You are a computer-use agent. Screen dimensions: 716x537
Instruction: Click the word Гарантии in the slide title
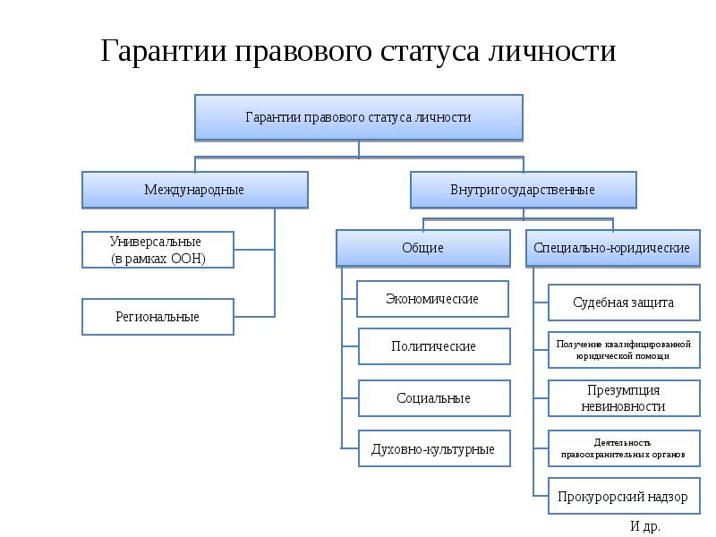164,51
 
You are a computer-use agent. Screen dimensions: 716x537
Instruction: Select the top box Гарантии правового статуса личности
359,117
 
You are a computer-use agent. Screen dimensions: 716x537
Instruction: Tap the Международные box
195,190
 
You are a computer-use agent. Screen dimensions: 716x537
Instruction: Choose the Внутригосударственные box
524,190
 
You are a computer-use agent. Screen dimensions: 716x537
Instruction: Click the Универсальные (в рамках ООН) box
158,250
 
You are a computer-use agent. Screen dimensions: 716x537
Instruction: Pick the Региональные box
158,317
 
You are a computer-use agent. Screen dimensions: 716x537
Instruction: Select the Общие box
423,248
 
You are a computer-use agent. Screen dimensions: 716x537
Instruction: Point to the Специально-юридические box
613,248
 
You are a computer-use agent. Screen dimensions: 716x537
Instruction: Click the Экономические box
432,299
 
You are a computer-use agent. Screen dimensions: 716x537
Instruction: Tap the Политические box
434,346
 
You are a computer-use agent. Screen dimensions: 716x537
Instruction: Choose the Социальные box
434,398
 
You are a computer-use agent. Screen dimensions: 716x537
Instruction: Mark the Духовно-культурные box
434,448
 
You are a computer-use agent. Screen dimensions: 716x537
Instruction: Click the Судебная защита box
624,303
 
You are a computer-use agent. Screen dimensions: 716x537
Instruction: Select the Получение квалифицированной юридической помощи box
624,350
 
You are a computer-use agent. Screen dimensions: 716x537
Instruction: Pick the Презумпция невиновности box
624,398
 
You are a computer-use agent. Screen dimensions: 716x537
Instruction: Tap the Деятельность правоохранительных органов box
624,448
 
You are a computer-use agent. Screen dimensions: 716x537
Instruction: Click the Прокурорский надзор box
624,497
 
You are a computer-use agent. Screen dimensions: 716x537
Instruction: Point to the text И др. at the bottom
645,526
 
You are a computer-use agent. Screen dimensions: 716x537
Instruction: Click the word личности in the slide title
551,51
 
